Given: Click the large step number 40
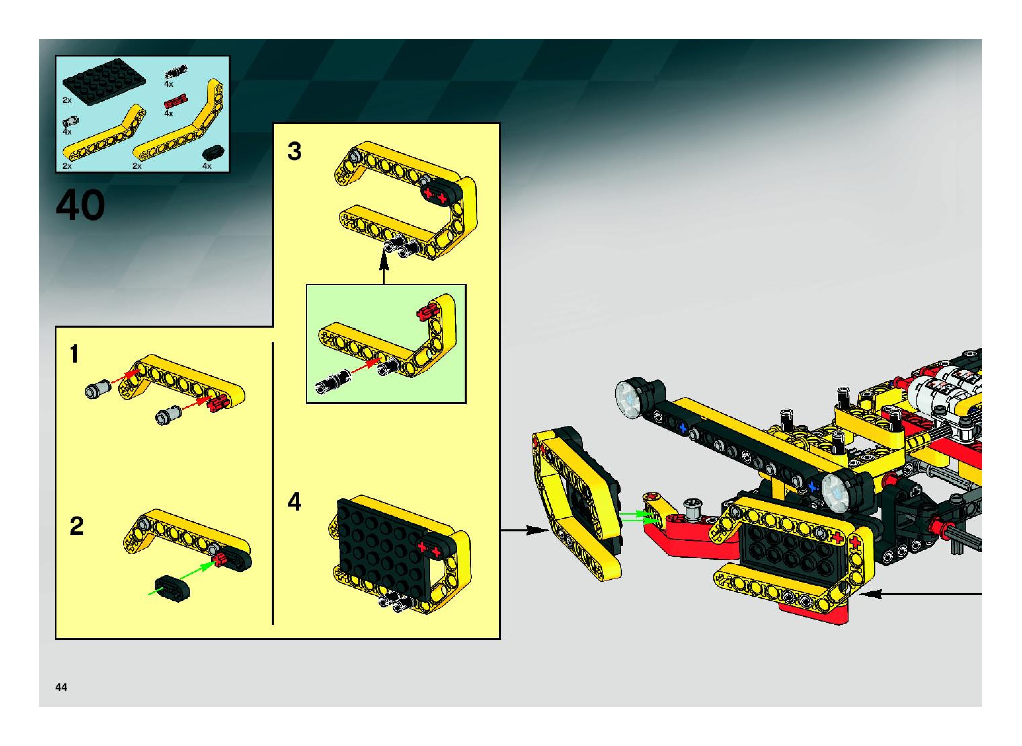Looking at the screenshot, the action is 80,206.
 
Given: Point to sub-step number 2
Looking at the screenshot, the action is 76,526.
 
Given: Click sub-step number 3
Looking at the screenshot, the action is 294,151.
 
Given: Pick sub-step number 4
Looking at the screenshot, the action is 294,502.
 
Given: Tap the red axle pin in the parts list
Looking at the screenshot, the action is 176,102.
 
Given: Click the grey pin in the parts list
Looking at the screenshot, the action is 70,120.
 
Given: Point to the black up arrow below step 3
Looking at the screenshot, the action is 384,269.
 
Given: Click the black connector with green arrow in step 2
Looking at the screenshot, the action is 171,588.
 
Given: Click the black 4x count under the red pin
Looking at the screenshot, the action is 168,113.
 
